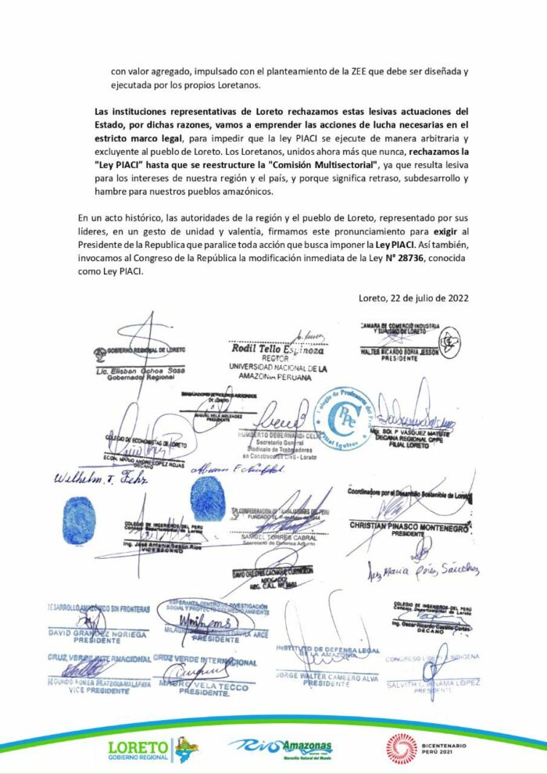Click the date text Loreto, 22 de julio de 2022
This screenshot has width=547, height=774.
point(413,297)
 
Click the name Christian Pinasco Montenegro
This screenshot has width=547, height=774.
point(409,527)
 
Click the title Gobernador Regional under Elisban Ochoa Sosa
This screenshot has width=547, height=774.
point(118,376)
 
